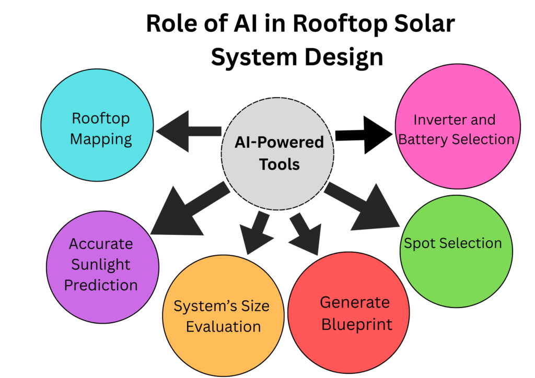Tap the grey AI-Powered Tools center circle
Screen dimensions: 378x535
click(x=277, y=153)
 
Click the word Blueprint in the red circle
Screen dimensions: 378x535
click(x=356, y=324)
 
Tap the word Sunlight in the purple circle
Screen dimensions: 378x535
click(x=101, y=264)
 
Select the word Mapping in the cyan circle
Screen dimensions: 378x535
click(x=101, y=139)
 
